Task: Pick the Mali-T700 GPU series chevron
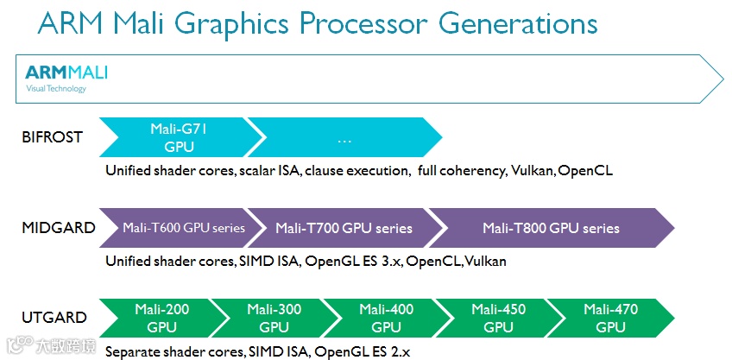(344, 229)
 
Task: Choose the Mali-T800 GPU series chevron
(551, 229)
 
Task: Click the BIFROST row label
(51, 137)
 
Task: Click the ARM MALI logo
(66, 72)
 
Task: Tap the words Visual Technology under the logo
(56, 88)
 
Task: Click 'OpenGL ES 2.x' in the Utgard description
(363, 351)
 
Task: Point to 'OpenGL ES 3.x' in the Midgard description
(354, 261)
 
